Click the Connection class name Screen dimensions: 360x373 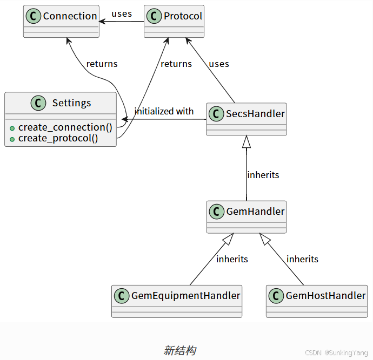tap(70, 16)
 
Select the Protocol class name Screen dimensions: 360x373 tap(183, 16)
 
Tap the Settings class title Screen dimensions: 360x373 tap(71, 103)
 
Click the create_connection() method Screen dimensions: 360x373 tap(65, 127)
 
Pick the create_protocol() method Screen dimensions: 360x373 tap(58, 138)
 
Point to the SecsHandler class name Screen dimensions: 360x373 tap(255, 114)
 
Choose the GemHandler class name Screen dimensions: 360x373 tap(255, 212)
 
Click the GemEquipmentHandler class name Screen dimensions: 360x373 tap(185, 296)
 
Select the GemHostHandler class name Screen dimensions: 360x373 tap(325, 296)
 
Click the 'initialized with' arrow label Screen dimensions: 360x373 tap(164, 111)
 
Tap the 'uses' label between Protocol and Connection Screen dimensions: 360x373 tap(122, 14)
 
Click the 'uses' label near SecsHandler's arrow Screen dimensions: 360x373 tap(219, 64)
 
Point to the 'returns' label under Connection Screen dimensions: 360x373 tap(102, 64)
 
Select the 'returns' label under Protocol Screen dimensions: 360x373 tap(176, 64)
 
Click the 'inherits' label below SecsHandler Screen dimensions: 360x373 tap(263, 175)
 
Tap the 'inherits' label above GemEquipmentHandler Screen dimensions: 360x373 tap(232, 259)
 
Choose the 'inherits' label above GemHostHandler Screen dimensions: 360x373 tap(302, 259)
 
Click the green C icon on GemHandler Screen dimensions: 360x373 tap(217, 212)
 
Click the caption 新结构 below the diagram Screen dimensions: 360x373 tap(179, 351)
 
